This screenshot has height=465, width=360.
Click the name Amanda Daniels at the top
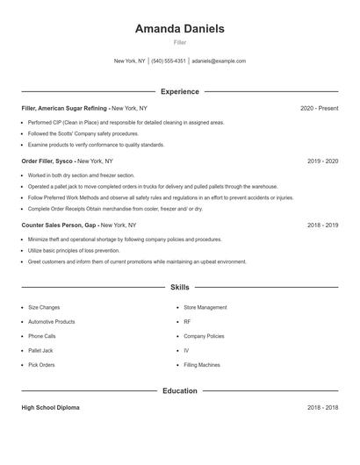click(179, 29)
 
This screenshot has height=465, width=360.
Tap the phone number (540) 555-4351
click(169, 61)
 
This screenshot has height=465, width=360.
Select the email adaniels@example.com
click(219, 61)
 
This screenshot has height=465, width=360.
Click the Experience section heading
click(179, 91)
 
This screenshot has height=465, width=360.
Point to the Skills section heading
click(179, 287)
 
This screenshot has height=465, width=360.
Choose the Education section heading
click(179, 390)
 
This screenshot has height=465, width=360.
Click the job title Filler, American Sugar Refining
click(64, 108)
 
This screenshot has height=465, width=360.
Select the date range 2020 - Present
click(319, 108)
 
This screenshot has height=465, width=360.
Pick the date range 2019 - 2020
click(322, 161)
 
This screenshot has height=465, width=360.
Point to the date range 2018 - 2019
click(322, 225)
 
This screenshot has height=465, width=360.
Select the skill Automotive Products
click(57, 322)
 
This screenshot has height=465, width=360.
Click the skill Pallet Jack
click(40, 350)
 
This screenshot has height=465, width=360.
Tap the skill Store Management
click(205, 308)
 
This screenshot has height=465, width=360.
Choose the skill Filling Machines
click(202, 364)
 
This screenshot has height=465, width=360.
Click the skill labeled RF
click(187, 322)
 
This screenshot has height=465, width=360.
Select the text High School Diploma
click(51, 408)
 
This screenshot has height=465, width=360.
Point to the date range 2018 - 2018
click(322, 408)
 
